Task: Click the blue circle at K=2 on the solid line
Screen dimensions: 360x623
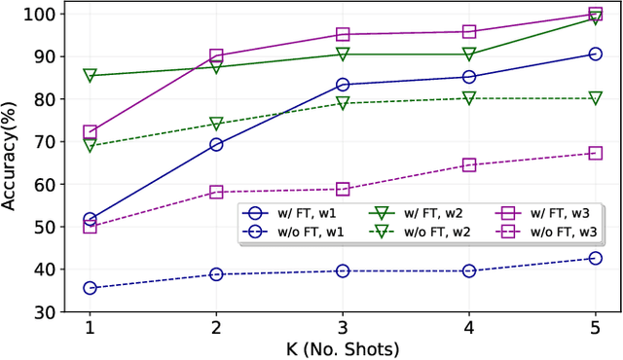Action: coord(216,145)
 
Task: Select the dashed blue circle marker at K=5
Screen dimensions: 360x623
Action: coord(596,258)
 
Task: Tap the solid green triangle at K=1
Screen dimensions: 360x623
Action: coord(90,75)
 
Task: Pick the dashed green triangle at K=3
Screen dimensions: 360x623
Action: coord(343,103)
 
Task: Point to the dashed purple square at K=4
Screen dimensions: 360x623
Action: coord(469,165)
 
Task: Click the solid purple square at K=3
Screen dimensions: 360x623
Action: coord(343,34)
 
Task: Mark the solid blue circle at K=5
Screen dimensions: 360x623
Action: coord(596,54)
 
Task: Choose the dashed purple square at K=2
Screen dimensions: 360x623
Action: coord(216,193)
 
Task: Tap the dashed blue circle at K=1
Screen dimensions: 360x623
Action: coord(90,288)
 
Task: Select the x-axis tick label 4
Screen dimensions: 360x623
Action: coord(469,329)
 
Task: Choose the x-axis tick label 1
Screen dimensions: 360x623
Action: coord(90,329)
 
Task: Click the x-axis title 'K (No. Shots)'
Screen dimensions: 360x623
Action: coord(342,348)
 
